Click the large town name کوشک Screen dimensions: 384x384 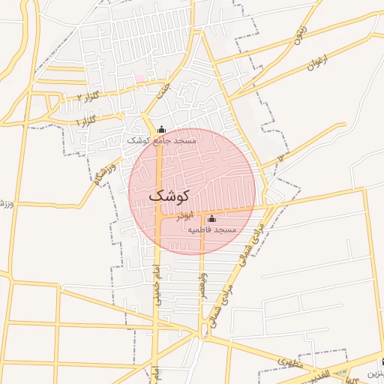170,195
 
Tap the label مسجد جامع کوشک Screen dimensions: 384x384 161,141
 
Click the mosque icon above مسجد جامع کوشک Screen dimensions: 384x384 161,129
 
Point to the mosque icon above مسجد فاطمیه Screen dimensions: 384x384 211,219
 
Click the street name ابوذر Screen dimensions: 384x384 184,215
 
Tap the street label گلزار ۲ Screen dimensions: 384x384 88,97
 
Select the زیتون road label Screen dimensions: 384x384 298,34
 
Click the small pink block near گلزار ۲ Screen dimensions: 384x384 139,78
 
